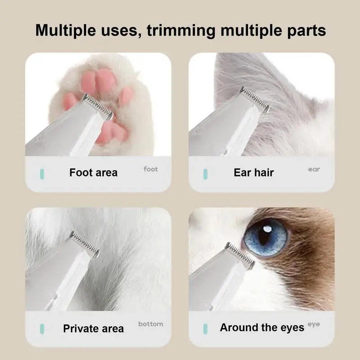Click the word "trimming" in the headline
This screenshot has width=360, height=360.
point(181,31)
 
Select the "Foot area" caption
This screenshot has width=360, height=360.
point(94,172)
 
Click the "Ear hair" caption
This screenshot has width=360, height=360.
point(254,172)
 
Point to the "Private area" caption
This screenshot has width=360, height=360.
point(94,328)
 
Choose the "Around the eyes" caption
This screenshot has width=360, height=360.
point(262,328)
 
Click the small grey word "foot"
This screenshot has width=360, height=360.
point(151,169)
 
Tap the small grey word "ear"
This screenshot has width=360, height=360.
point(314,170)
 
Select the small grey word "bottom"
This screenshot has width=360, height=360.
point(151,324)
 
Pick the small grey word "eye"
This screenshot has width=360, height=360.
point(314,324)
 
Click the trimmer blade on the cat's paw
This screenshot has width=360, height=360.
point(98,107)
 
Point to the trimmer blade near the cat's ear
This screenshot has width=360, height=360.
point(254,99)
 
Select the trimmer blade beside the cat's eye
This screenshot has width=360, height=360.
point(240,256)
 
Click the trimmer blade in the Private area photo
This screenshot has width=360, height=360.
point(85,244)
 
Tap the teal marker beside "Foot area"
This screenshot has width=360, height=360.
point(42,174)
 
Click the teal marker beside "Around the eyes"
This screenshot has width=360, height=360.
point(206,329)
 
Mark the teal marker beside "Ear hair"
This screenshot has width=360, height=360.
point(206,174)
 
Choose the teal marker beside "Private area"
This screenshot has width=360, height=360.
point(42,329)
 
